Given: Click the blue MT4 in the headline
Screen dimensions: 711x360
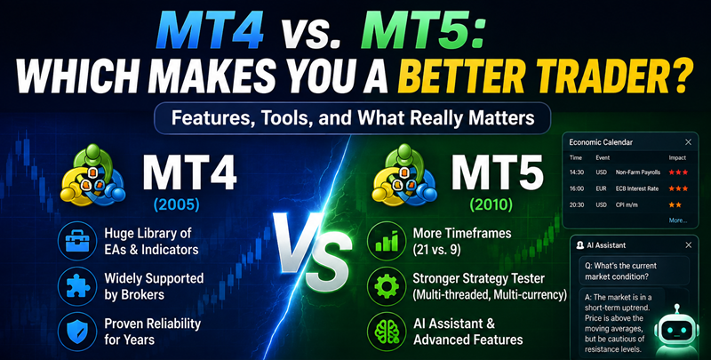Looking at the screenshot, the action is tap(210, 31).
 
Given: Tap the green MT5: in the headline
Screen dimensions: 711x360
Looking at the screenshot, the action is tap(421, 31).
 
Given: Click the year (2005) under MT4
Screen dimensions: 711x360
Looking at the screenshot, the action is tap(176, 205).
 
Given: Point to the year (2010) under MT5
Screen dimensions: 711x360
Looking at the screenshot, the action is tap(491, 205).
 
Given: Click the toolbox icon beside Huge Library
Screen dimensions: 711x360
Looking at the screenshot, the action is tap(77, 241).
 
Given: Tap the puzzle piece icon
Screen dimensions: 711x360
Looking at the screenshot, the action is tap(77, 286).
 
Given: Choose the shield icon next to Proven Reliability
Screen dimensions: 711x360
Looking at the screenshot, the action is tap(77, 332).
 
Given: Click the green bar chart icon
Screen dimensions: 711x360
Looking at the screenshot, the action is tap(387, 241).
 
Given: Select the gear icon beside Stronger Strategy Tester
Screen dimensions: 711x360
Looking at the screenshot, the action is tap(387, 286).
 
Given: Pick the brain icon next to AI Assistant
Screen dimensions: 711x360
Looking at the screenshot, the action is tap(387, 332).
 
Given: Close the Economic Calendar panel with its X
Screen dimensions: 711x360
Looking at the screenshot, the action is tap(688, 142).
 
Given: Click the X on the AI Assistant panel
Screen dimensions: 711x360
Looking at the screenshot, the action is tap(688, 245).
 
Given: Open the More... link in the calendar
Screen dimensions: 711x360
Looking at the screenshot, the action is tap(678, 220).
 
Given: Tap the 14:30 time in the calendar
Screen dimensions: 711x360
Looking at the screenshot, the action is tap(576, 172).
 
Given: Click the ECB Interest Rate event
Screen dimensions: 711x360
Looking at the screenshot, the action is tap(637, 188).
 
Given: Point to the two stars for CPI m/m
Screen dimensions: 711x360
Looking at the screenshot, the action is tap(675, 205).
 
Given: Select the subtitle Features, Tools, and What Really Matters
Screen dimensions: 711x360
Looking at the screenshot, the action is tap(353, 119).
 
